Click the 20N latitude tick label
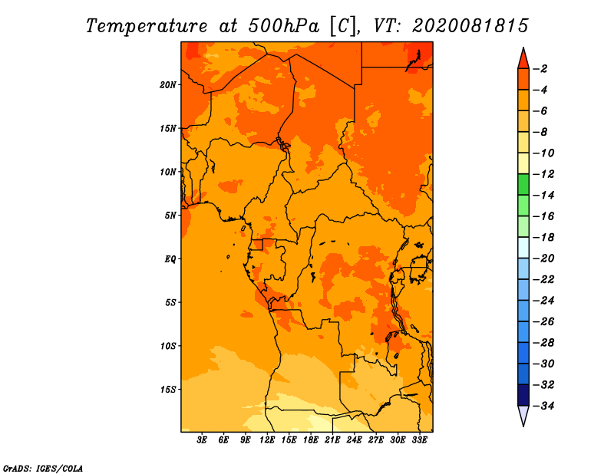tap(168, 85)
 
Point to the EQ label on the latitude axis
tap(170, 259)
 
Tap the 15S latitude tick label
tap(168, 390)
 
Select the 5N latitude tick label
tap(170, 216)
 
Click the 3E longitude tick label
tap(202, 439)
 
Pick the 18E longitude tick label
tap(311, 439)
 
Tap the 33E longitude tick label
tap(419, 439)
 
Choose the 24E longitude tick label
tap(354, 439)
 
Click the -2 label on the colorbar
tap(540, 69)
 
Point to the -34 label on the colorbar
tap(543, 406)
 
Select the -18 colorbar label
tap(543, 237)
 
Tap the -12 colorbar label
tap(543, 174)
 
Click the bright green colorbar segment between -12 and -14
tap(523, 185)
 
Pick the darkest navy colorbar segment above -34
tap(523, 395)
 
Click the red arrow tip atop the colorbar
tap(523, 48)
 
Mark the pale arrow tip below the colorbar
tap(523, 426)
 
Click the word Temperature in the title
tap(147, 26)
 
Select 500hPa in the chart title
tap(284, 26)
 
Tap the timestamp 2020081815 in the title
tap(470, 26)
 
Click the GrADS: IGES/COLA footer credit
tap(43, 469)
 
